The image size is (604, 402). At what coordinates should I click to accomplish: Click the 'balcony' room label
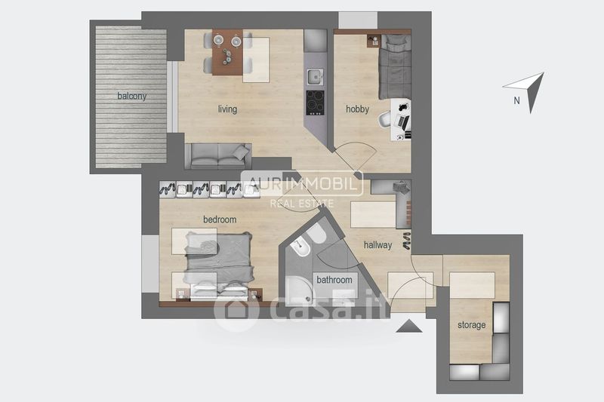click(x=131, y=97)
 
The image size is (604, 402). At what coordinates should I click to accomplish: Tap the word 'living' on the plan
click(x=227, y=109)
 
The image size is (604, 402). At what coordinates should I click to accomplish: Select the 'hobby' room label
click(x=357, y=109)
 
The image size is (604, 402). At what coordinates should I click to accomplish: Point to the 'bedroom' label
click(x=220, y=219)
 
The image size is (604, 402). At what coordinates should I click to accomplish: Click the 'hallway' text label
click(x=377, y=245)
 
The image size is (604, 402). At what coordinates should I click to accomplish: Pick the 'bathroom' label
click(x=334, y=280)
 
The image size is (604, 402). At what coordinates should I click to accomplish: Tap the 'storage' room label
click(x=471, y=326)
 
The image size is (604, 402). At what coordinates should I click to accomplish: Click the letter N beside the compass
click(x=516, y=100)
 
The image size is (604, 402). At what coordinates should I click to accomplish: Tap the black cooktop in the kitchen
click(x=315, y=103)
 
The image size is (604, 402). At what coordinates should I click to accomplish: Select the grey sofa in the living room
click(x=218, y=156)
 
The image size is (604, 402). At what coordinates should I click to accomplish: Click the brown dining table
click(x=227, y=52)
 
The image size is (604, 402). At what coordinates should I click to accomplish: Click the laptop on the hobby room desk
click(x=402, y=123)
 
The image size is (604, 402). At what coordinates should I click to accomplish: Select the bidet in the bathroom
click(x=300, y=247)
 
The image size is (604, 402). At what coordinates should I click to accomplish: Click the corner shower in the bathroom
click(x=299, y=290)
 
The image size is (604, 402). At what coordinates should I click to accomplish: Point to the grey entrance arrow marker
click(x=408, y=326)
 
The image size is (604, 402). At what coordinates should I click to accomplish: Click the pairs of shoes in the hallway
click(x=407, y=241)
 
